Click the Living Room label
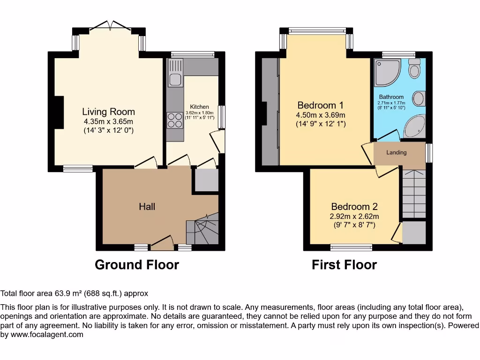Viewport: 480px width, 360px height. [108, 112]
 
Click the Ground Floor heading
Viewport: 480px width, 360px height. [136, 265]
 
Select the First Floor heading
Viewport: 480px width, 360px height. [344, 265]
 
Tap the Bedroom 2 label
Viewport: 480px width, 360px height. [354, 207]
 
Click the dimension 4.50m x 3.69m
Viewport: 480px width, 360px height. [321, 115]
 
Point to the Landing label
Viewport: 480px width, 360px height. [396, 152]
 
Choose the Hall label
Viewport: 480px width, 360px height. [147, 206]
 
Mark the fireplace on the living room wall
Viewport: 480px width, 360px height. [59, 112]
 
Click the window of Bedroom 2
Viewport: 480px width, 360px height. [351, 247]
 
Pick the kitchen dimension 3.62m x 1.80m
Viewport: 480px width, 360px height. [199, 112]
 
